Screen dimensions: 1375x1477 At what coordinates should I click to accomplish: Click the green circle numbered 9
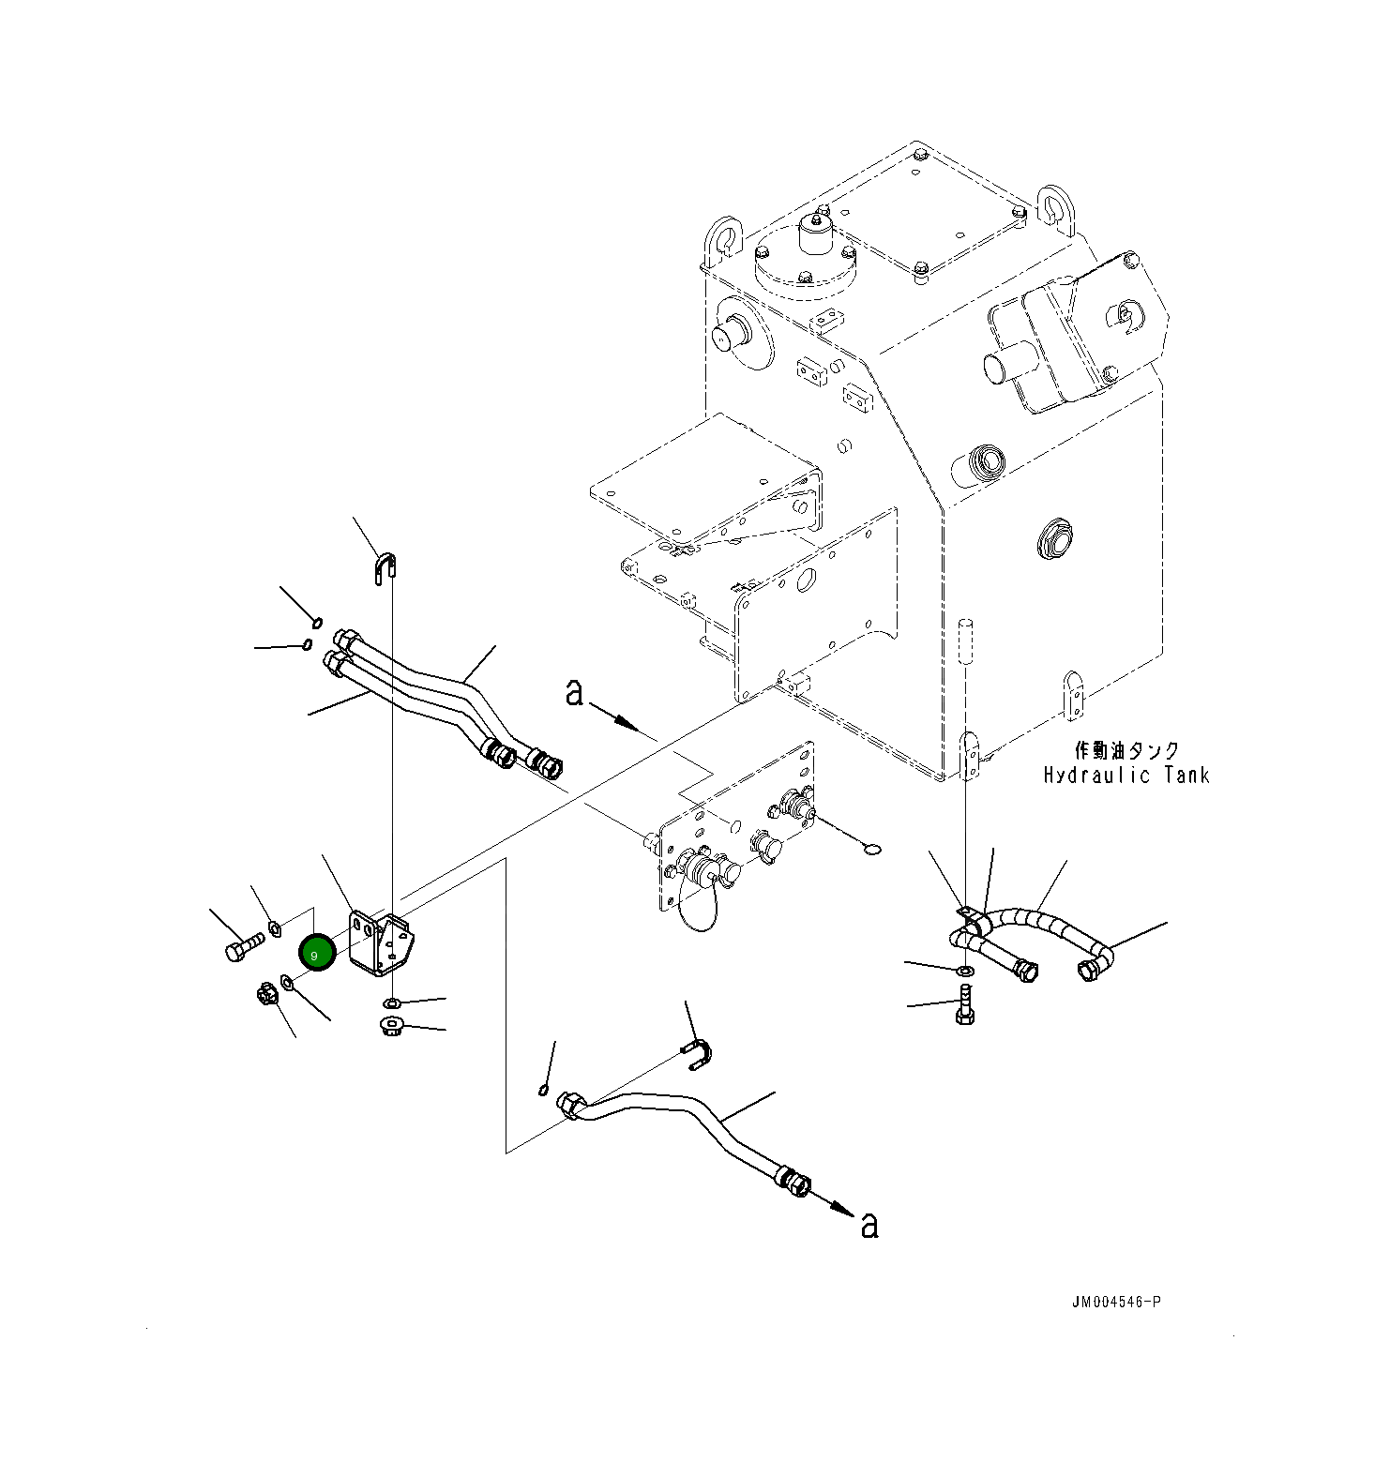316,953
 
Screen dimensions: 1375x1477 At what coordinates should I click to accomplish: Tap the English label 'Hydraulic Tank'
1126,775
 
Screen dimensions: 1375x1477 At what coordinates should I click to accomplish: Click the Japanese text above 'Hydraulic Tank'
1126,750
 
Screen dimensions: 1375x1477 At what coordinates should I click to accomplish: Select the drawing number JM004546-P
1117,1302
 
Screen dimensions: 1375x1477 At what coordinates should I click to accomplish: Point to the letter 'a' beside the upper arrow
574,693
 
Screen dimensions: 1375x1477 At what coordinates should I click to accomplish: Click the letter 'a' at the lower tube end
869,1225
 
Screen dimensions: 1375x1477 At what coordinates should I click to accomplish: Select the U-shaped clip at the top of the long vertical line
385,567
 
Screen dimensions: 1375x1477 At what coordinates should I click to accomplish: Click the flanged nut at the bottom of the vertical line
391,1025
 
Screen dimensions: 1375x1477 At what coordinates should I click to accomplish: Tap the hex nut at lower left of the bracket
267,994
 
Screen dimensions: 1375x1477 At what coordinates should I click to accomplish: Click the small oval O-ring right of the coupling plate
870,850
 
